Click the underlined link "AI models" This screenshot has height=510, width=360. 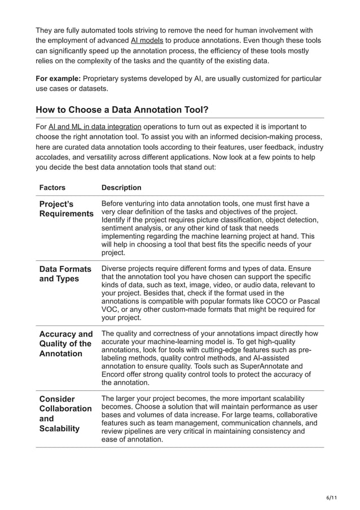tap(147, 41)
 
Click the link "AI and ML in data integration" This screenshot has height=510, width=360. tap(95, 127)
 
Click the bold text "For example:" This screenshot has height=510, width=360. tap(58, 78)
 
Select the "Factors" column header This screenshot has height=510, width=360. tap(52, 188)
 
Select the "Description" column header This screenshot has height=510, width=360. tap(121, 188)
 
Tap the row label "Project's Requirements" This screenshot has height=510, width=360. tap(66, 208)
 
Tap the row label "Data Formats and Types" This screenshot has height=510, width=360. tap(65, 274)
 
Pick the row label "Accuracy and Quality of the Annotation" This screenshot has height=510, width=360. tap(65, 343)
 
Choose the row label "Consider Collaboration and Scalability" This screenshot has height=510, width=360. tap(65, 413)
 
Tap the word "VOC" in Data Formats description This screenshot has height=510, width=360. tap(111, 309)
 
